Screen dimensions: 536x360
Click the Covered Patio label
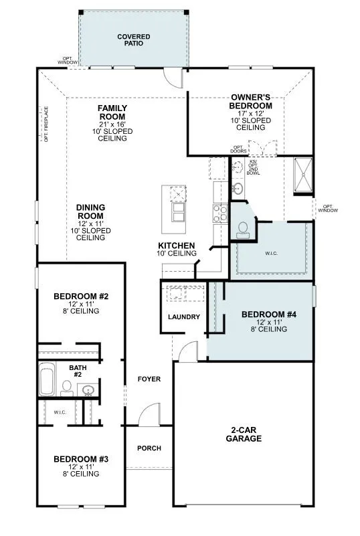pos(134,39)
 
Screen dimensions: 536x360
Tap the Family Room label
pos(112,112)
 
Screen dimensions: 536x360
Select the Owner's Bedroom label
pos(250,102)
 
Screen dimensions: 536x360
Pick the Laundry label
pos(184,317)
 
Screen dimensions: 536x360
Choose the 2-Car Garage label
pos(242,435)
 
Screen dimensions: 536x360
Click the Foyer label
pos(149,379)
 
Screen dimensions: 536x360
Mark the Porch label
pos(149,448)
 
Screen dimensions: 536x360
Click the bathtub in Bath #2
pos(48,379)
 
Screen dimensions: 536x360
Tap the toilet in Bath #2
pos(67,387)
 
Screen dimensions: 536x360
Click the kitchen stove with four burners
pos(219,213)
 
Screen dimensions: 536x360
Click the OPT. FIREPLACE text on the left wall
pos(46,124)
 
